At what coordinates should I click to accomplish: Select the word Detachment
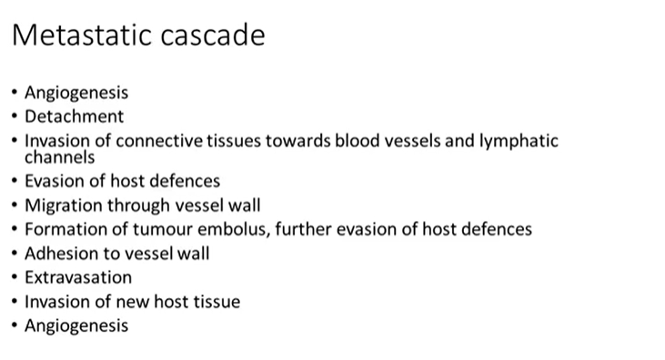[x=74, y=116]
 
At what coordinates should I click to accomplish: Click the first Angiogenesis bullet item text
[x=76, y=93]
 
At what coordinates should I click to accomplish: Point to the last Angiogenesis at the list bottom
[x=76, y=325]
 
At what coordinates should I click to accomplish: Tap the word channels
[x=60, y=156]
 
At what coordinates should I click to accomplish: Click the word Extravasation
[x=78, y=277]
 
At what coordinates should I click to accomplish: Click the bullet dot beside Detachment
[x=15, y=117]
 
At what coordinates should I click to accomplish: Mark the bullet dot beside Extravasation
[x=15, y=277]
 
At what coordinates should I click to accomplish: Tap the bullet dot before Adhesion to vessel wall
[x=15, y=254]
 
